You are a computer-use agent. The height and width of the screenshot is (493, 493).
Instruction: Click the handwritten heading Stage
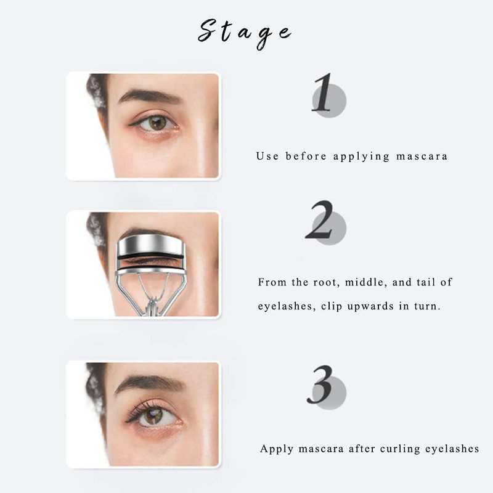click(x=245, y=33)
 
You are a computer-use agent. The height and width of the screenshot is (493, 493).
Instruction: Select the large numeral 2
click(x=319, y=219)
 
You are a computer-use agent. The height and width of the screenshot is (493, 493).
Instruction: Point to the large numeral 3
click(x=320, y=385)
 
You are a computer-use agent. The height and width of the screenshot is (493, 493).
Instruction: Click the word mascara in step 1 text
click(x=422, y=157)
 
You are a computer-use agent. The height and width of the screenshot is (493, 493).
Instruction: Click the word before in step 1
click(x=306, y=156)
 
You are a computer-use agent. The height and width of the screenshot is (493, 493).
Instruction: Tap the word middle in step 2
click(x=366, y=282)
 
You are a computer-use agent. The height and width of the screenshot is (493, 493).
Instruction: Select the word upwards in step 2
click(x=370, y=306)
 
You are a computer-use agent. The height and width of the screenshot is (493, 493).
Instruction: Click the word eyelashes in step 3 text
click(x=452, y=449)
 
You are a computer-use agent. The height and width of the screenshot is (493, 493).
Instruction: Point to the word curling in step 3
click(x=400, y=449)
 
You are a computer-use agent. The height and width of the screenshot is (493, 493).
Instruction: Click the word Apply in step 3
click(x=277, y=449)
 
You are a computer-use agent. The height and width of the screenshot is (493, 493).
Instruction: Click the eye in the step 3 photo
click(x=153, y=414)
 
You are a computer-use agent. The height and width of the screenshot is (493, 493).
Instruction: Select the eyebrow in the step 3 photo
click(x=149, y=382)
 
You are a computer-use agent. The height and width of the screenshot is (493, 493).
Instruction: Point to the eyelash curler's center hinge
click(x=152, y=305)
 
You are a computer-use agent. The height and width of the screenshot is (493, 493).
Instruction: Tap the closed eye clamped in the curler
click(x=151, y=261)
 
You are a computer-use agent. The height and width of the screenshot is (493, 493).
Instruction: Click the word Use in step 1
click(x=267, y=156)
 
